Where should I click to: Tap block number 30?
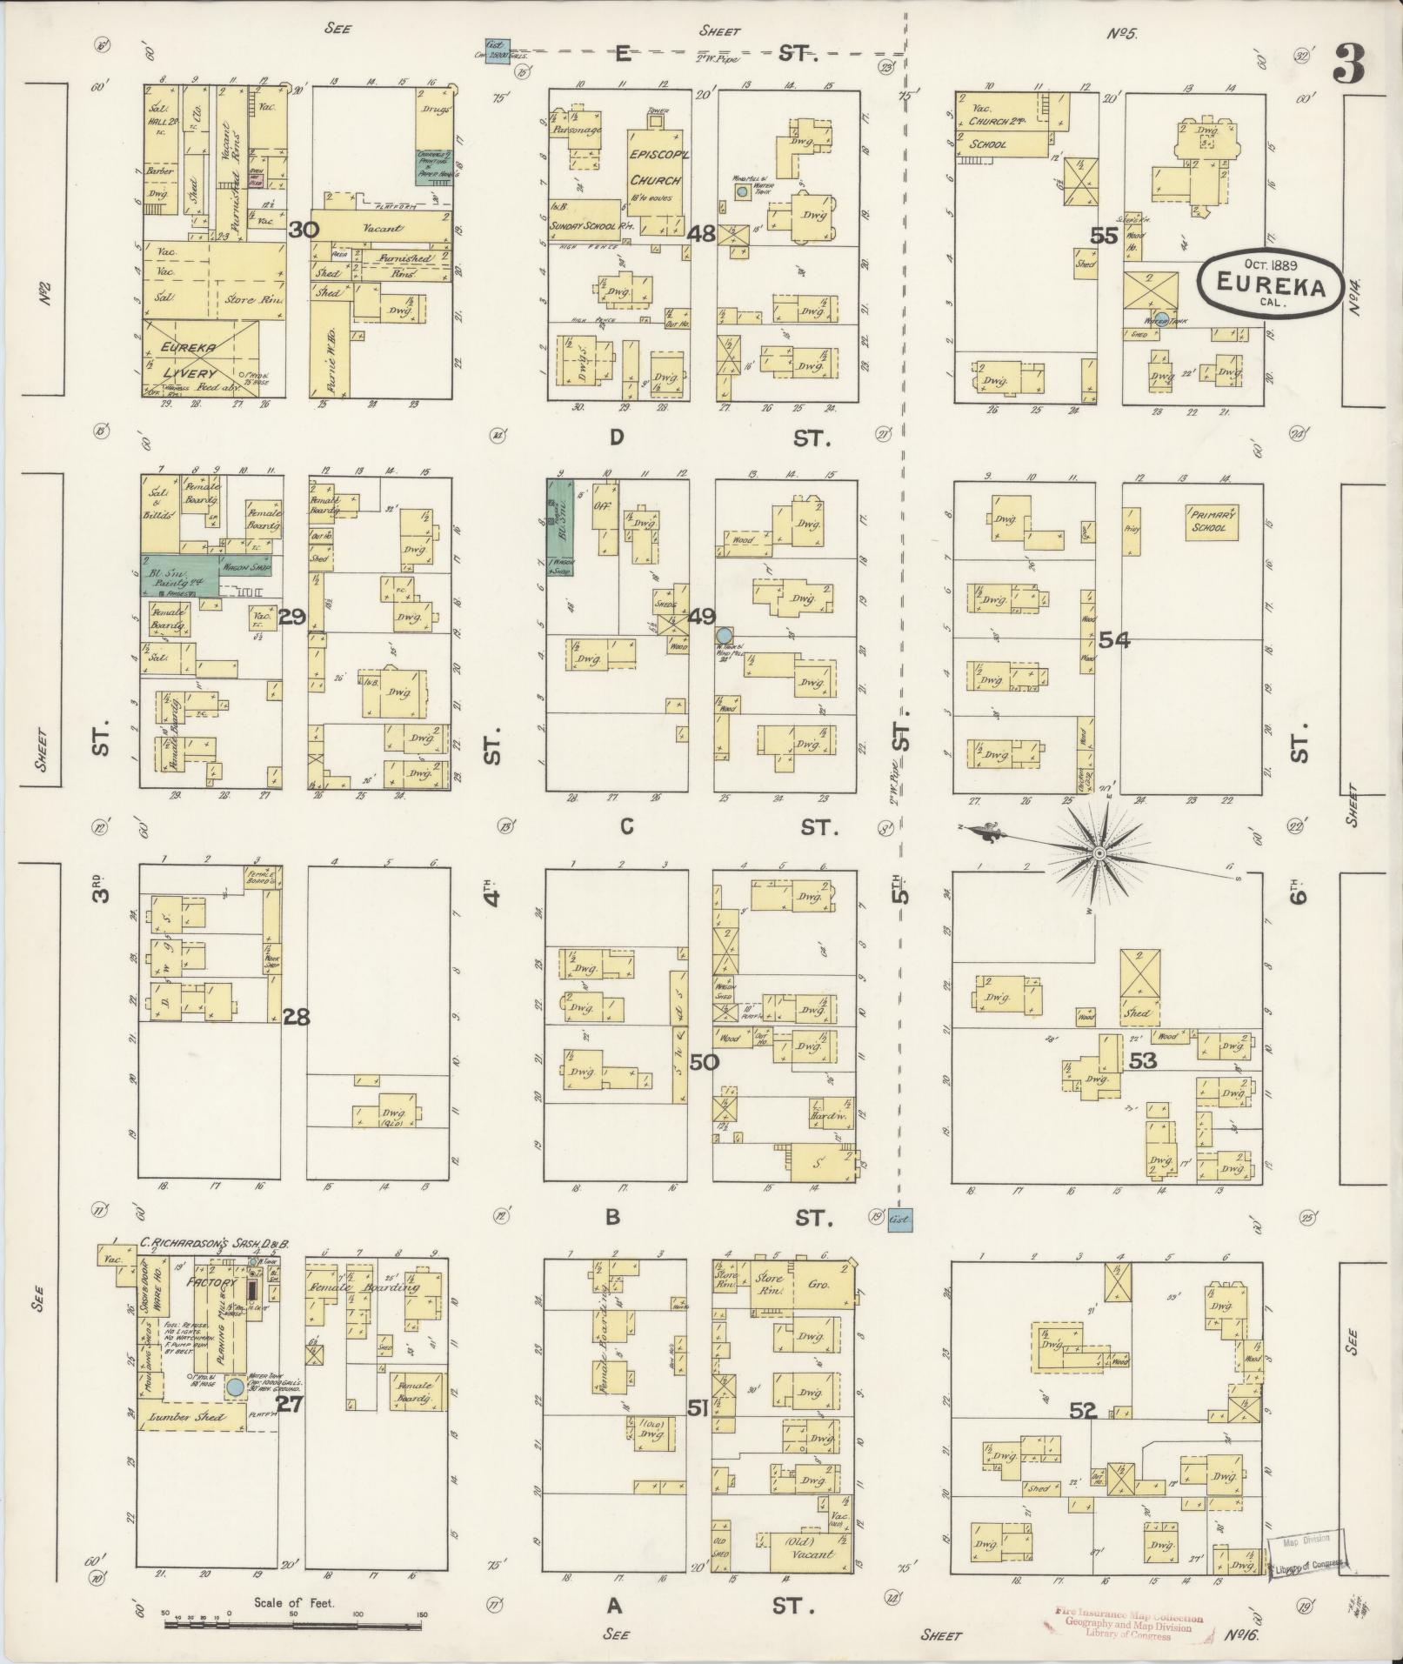coord(302,230)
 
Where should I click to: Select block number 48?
coord(700,233)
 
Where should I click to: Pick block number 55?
coord(1105,235)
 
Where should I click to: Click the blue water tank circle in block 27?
coord(235,1387)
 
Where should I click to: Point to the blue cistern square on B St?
coord(899,1221)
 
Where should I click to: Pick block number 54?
coord(1113,641)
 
